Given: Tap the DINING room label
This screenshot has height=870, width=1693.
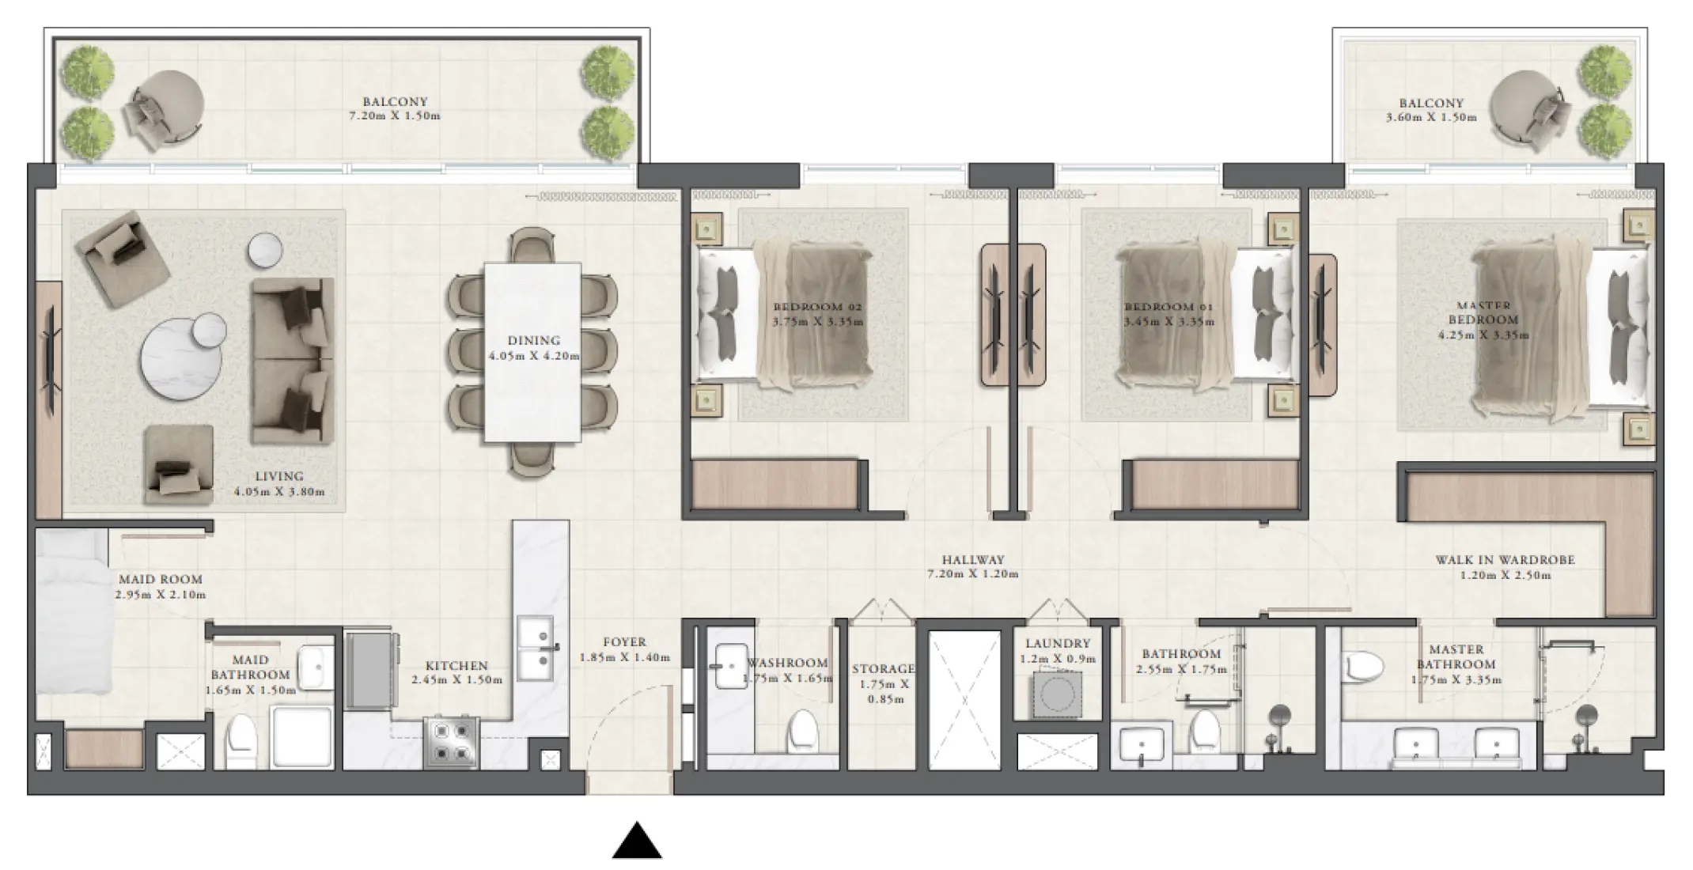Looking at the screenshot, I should click(534, 341).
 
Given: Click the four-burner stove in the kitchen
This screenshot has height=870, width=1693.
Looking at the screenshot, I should click(451, 742).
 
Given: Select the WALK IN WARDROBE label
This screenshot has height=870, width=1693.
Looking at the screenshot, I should click(1505, 560).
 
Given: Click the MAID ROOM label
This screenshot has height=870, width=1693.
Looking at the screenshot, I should click(161, 579).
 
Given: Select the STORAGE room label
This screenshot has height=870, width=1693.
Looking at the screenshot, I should click(883, 669).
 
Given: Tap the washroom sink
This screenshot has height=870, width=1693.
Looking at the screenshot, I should click(729, 666).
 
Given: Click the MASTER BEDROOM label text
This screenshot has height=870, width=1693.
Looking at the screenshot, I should click(1483, 312).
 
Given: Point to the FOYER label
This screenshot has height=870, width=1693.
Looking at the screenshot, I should click(624, 642).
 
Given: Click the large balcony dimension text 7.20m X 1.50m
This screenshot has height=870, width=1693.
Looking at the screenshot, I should click(395, 116).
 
